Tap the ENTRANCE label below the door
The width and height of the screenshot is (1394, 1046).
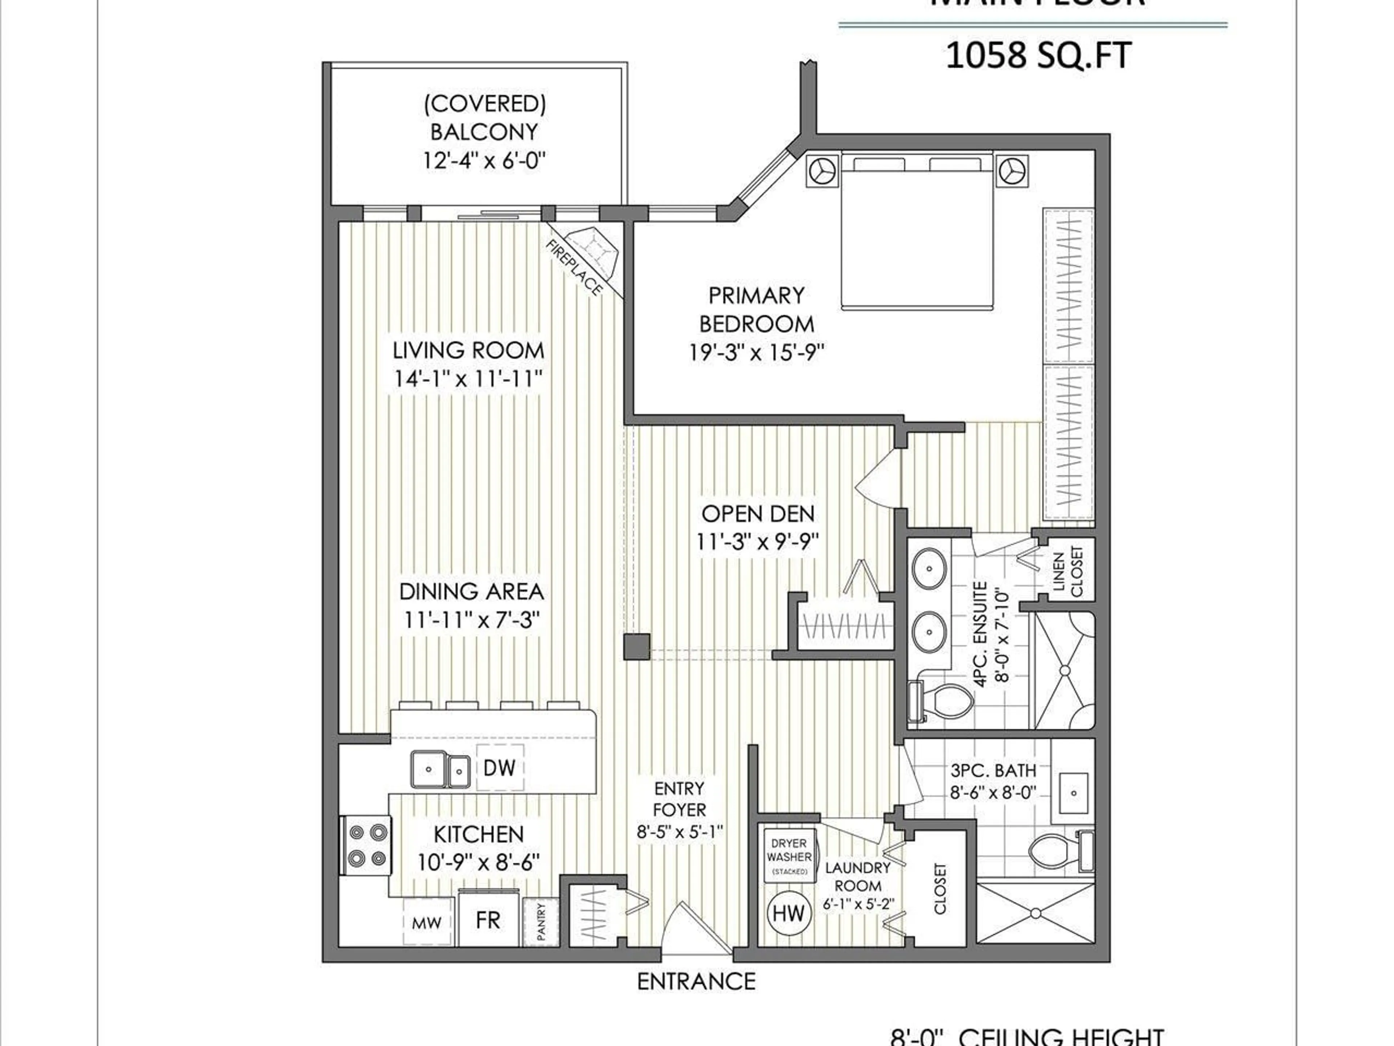696,982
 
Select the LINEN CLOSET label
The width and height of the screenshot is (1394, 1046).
1067,572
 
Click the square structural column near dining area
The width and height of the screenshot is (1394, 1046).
636,647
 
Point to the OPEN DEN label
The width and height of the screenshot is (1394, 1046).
758,514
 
